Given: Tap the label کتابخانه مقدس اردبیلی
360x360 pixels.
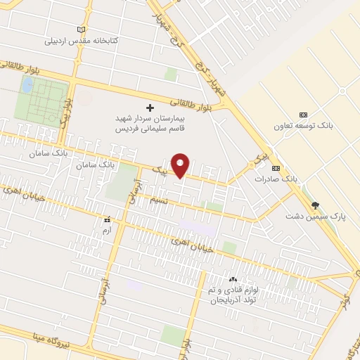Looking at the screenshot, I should point(81,40).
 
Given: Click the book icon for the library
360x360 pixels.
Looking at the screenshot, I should point(81,30).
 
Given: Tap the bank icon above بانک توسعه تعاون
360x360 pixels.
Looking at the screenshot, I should point(304,115).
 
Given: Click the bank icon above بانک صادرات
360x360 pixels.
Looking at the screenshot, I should point(276,169).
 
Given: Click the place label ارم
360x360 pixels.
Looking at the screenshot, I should point(107,231).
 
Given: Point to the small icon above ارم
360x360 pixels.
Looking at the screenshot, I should point(107,220).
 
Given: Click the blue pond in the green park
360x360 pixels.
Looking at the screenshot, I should point(27,86).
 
